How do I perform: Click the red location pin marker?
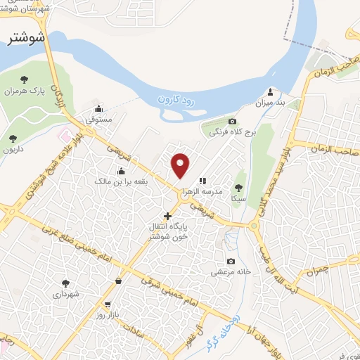click(181, 165)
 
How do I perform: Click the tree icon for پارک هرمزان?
click(26, 79)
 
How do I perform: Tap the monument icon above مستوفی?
click(98, 109)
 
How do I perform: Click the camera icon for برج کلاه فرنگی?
click(232, 121)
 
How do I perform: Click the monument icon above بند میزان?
click(271, 91)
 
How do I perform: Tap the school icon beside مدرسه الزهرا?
click(202, 181)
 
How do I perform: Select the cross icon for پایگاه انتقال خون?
click(167, 215)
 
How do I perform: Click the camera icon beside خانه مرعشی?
click(229, 261)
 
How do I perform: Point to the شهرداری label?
click(66, 294)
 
